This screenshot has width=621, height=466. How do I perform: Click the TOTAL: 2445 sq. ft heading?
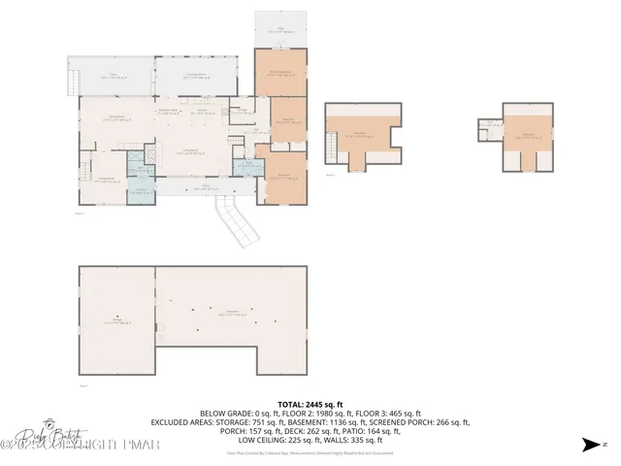[310, 403]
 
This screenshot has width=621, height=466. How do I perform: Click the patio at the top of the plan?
[281, 29]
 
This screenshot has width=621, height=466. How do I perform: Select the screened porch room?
[196, 76]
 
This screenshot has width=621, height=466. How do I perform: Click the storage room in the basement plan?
[116, 320]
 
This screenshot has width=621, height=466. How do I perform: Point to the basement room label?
[233, 314]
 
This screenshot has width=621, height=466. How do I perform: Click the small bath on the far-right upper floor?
[493, 126]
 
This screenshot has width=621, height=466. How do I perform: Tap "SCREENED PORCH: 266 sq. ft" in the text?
[421, 422]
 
